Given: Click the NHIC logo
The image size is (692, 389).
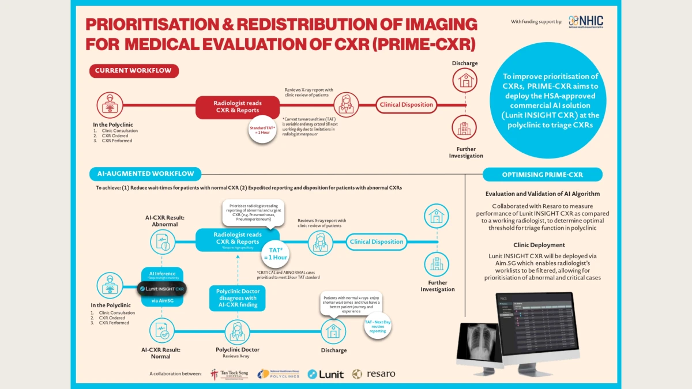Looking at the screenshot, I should [586, 21].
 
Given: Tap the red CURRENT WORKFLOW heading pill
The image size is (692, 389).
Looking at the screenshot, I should [134, 71].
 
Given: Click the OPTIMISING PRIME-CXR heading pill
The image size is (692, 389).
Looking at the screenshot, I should [542, 174].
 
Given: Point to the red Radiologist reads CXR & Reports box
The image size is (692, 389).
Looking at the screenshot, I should [238, 107].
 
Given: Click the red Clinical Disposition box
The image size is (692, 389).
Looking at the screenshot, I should [406, 105].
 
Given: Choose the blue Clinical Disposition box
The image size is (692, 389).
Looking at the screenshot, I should [377, 241].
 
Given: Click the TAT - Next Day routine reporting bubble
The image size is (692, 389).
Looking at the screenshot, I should [378, 327].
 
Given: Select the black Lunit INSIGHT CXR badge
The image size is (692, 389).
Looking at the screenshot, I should [161, 288].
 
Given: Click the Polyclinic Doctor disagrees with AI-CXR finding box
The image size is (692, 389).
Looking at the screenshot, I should [237, 298].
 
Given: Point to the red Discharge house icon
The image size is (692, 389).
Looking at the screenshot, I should [464, 80].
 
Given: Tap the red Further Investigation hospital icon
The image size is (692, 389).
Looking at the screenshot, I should [464, 128].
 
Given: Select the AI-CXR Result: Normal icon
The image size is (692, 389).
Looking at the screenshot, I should [161, 331].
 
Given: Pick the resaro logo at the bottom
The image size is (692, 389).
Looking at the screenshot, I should [374, 374].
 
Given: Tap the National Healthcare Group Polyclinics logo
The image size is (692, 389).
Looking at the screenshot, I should [279, 374].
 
